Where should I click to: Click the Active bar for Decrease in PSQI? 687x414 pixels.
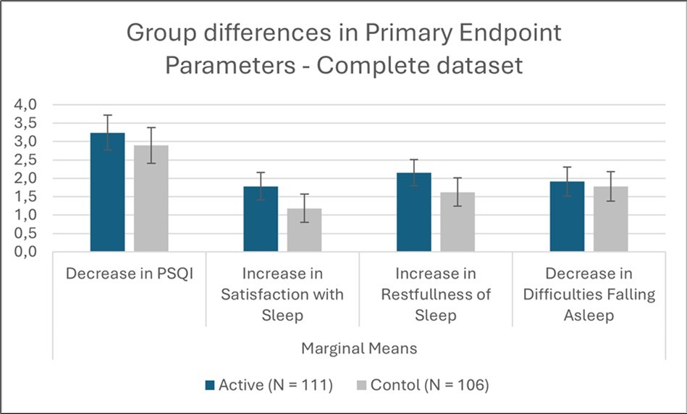click(107, 193)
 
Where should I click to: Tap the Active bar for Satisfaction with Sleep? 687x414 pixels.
click(261, 219)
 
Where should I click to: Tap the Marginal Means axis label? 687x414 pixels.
click(359, 348)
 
